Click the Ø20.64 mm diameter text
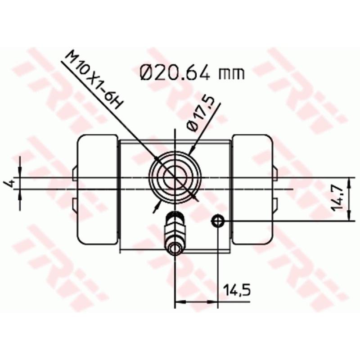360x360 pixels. [x=193, y=72]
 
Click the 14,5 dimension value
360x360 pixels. [x=236, y=290]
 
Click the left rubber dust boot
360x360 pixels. [x=97, y=189]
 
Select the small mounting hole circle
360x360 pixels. [x=218, y=220]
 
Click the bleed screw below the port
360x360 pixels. [x=175, y=232]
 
